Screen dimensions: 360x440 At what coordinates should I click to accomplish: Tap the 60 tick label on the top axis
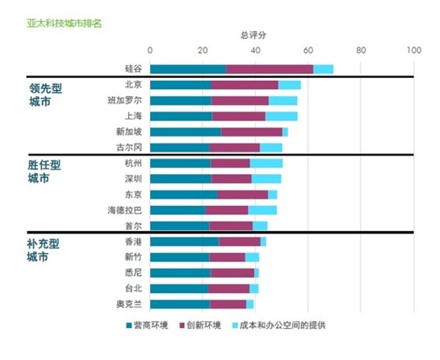point(308,50)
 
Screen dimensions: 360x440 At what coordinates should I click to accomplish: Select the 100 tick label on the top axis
point(414,50)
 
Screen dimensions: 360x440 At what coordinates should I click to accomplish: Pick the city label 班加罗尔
point(125,100)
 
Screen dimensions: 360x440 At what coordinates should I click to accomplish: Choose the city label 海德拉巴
point(125,210)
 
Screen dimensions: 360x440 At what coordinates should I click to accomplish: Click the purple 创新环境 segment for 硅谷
point(270,69)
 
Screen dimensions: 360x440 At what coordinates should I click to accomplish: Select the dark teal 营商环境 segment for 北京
point(180,85)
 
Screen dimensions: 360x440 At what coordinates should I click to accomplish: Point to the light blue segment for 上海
point(281,116)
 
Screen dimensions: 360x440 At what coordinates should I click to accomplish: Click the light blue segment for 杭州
point(266,163)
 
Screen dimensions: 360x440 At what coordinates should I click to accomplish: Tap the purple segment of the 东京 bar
point(243,194)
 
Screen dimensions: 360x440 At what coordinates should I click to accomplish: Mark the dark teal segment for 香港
point(184,241)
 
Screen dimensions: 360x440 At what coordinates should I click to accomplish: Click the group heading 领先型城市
point(46,95)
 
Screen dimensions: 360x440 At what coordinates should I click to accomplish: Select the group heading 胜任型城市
point(44,172)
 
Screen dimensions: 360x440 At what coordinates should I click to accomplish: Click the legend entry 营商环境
point(147,326)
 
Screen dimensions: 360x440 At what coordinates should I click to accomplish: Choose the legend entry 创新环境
point(200,326)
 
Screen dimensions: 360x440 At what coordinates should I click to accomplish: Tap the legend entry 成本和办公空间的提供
point(277,326)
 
